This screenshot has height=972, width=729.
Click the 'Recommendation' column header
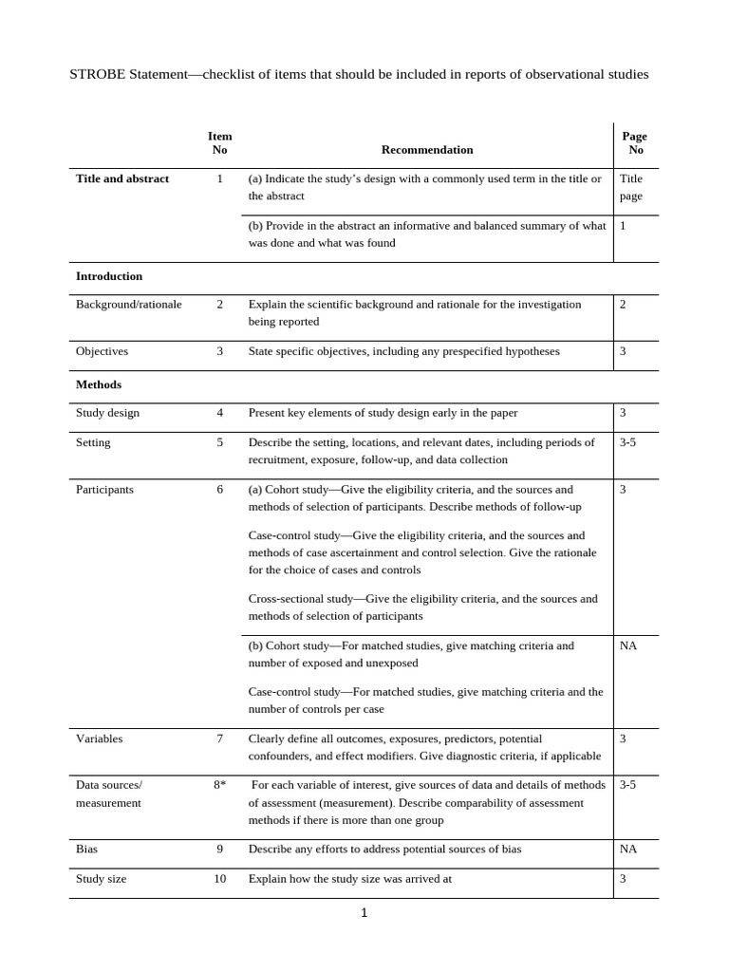tap(426, 149)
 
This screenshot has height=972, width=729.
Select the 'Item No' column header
tap(219, 142)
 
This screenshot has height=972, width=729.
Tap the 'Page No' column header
tap(635, 142)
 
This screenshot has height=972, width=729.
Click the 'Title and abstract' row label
tap(122, 178)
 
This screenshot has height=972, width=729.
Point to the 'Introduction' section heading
tap(109, 276)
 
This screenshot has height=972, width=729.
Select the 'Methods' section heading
tap(99, 384)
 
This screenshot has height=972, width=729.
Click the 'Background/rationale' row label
tap(128, 304)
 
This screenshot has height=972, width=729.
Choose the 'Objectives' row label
tap(102, 351)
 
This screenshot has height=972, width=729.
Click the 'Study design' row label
tap(107, 413)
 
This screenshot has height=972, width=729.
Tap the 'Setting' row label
tap(93, 442)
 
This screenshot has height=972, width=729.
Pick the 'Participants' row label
tap(104, 490)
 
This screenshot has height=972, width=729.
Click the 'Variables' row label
tap(99, 738)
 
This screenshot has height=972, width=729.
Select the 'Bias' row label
tap(87, 850)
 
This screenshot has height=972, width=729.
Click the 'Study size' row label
tap(101, 879)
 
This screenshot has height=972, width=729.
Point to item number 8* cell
tap(219, 785)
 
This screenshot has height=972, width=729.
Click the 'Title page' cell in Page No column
tap(631, 187)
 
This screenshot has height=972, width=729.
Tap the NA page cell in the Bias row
tap(628, 850)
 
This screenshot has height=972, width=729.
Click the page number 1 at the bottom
tap(364, 913)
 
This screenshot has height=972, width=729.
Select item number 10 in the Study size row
tap(219, 879)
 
